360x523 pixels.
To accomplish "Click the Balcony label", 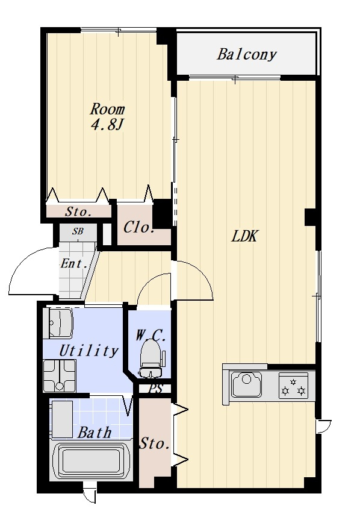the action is (246, 54).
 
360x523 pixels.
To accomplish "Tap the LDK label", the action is (244, 236).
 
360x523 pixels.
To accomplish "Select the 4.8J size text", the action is (107, 125).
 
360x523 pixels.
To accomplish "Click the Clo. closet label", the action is (138, 228).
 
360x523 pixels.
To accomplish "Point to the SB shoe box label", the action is (78, 231).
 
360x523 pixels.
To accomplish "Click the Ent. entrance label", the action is (74, 264).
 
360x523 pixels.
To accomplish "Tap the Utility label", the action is (88, 350).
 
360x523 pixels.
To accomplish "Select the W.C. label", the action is (151, 335).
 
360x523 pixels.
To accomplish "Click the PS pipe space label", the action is (155, 389).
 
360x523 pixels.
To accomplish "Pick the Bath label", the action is (95, 433).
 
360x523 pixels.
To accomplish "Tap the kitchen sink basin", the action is (246, 385).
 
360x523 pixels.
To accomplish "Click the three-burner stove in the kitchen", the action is (293, 386).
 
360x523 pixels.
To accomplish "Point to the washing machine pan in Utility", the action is (60, 376).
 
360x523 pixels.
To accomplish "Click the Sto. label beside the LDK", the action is (154, 444).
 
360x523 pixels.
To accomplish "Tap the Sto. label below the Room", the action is (78, 211).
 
